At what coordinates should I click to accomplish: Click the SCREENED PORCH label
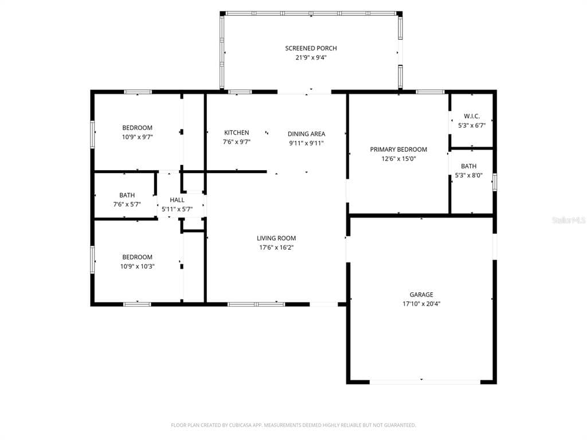point(311,48)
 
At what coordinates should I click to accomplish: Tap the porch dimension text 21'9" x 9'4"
point(311,57)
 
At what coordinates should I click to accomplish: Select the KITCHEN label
point(236,132)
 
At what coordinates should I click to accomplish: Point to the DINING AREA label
point(306,134)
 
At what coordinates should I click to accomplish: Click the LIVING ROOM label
point(276,238)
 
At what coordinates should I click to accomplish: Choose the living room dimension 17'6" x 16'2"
point(276,247)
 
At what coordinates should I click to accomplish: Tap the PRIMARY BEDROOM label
point(398,150)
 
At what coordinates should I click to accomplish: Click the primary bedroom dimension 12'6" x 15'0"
point(398,159)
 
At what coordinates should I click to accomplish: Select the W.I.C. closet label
point(472,116)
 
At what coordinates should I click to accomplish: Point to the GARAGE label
point(421,294)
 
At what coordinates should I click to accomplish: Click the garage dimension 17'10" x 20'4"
point(421,304)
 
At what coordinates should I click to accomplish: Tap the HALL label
point(177,200)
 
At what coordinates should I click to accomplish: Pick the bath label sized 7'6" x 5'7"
point(127,195)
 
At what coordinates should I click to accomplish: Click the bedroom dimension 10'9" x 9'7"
point(138,137)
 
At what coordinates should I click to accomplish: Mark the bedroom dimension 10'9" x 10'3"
point(138,266)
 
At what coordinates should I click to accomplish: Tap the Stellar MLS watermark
point(569,220)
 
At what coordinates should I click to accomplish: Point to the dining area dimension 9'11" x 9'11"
point(306,143)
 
